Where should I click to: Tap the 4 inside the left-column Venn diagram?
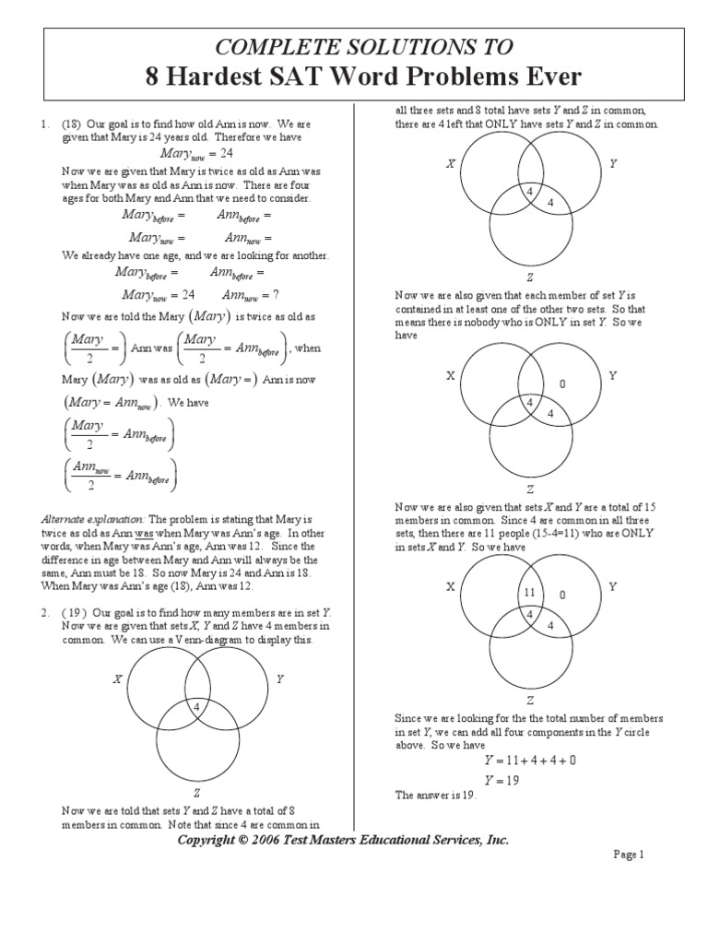click(196, 706)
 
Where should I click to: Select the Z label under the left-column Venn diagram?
click(196, 792)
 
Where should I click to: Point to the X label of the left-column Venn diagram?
click(117, 679)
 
